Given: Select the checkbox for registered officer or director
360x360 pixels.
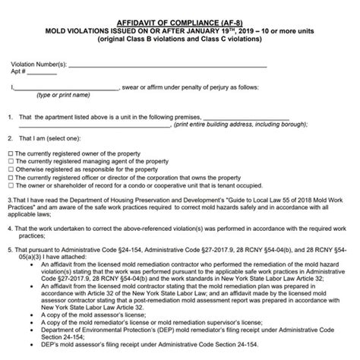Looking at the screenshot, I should (9, 181).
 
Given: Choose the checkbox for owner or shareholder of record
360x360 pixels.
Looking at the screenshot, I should (9, 190).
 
